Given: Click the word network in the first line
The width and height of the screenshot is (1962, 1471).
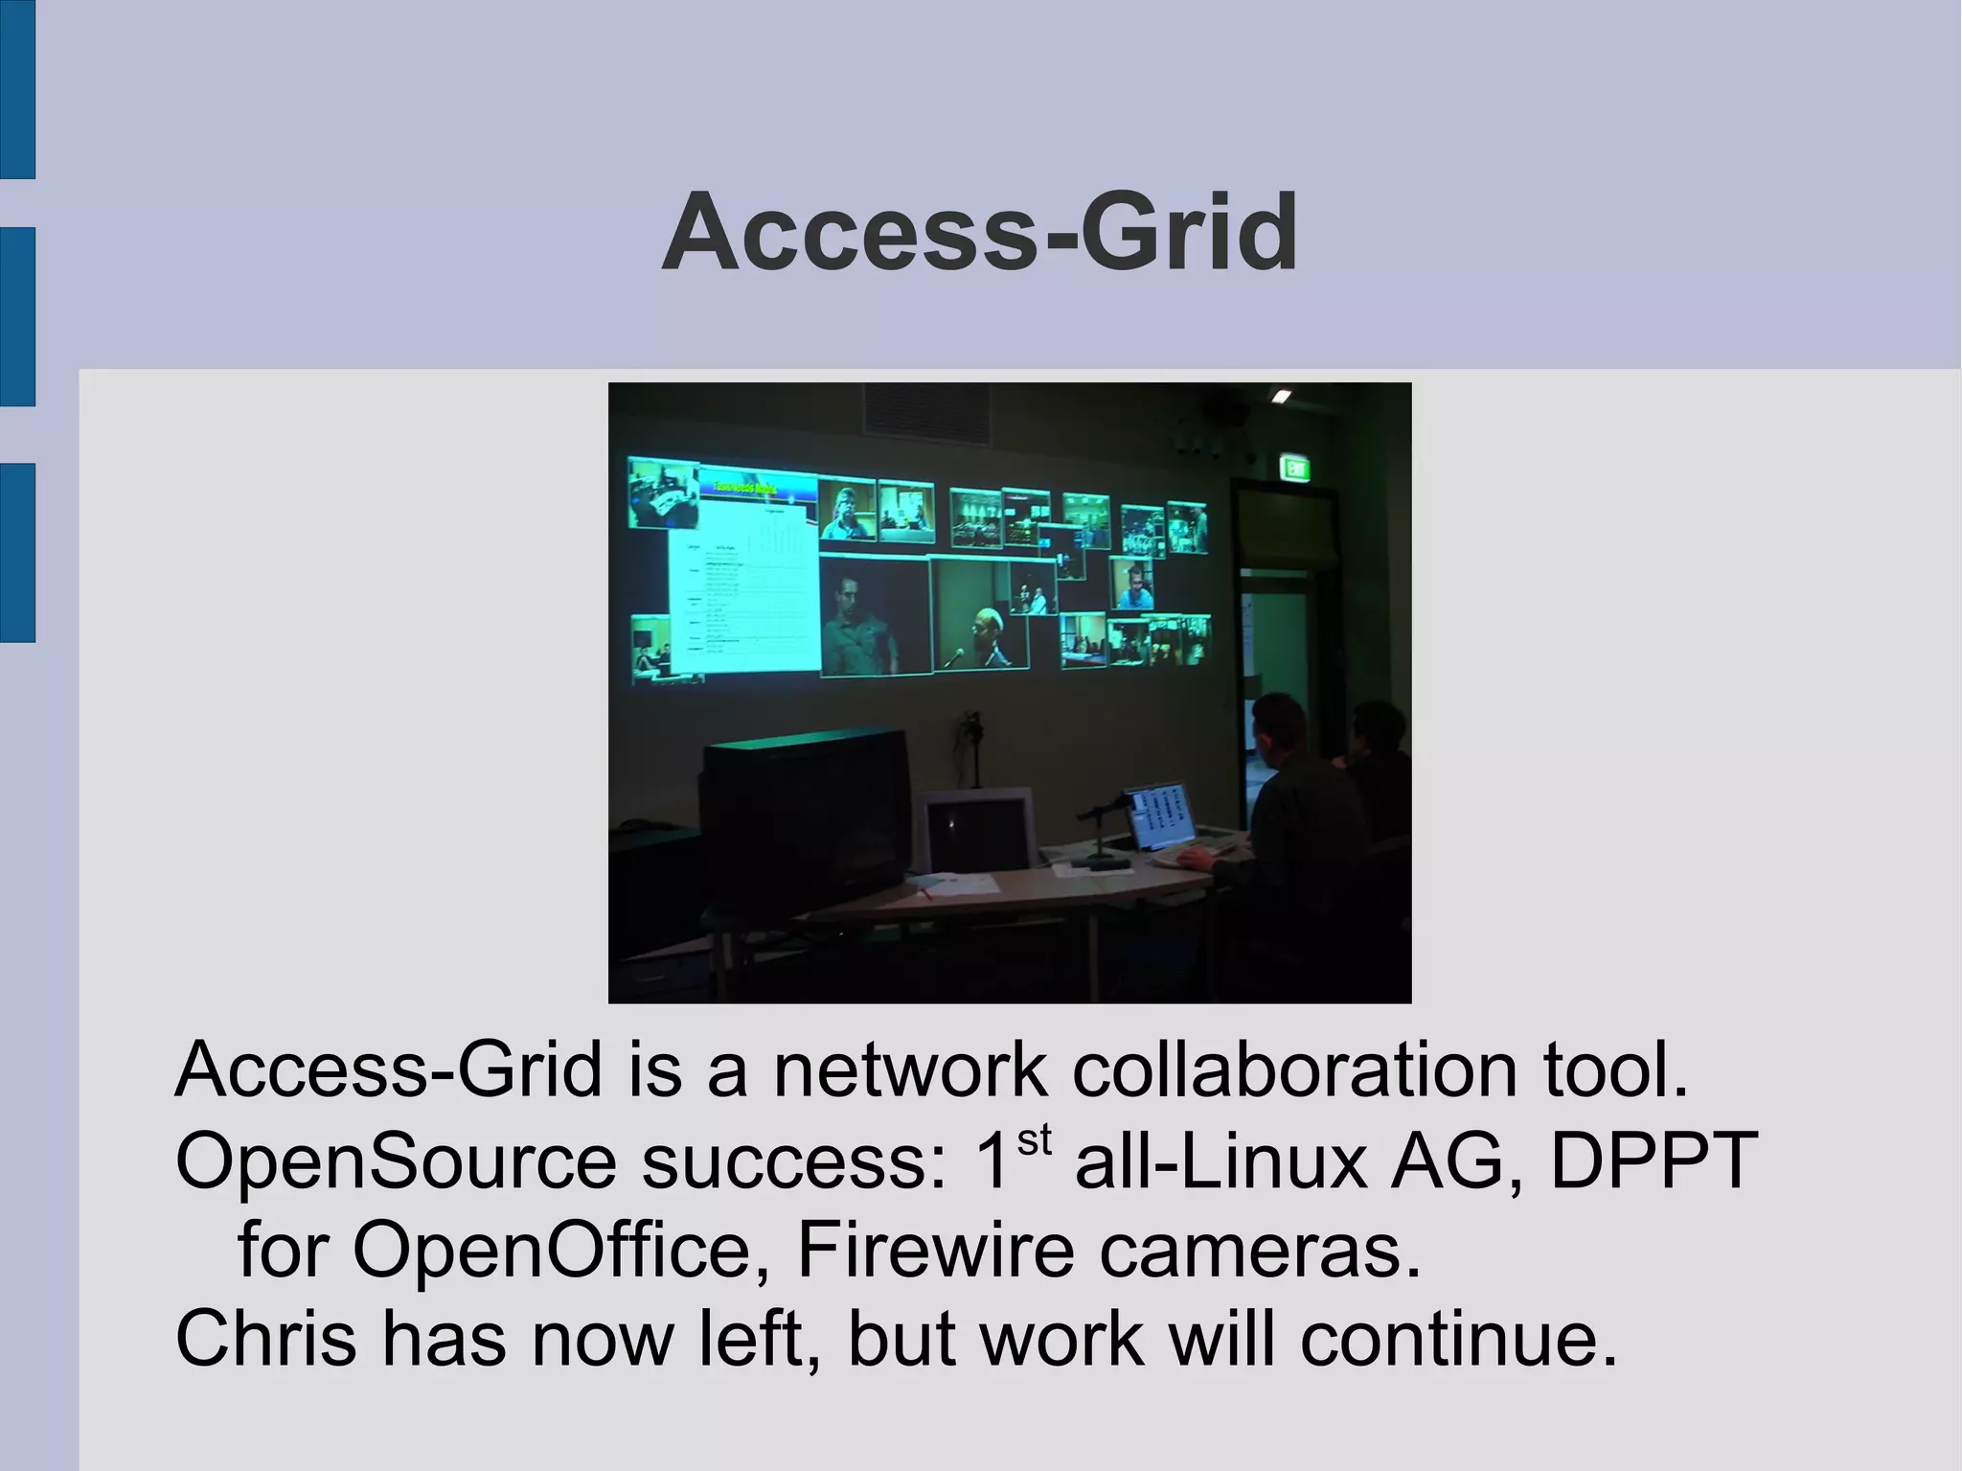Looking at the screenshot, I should coord(909,1070).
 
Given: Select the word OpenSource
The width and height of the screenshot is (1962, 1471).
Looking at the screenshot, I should coord(396,1161).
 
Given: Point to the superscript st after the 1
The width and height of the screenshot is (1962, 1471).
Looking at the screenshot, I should coord(1034,1140).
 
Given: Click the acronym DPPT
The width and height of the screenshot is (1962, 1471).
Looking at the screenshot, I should coord(1654,1161).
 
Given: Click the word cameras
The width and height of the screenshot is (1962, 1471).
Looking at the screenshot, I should coord(1260,1250).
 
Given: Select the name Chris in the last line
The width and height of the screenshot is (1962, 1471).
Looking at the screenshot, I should coord(265,1339).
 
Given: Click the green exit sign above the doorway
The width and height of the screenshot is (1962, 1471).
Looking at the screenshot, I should coord(1295,469).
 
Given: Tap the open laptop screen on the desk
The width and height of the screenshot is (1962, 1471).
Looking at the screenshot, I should coord(1161,816).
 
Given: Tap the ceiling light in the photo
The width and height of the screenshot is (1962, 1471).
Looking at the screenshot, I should coord(1281,396).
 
